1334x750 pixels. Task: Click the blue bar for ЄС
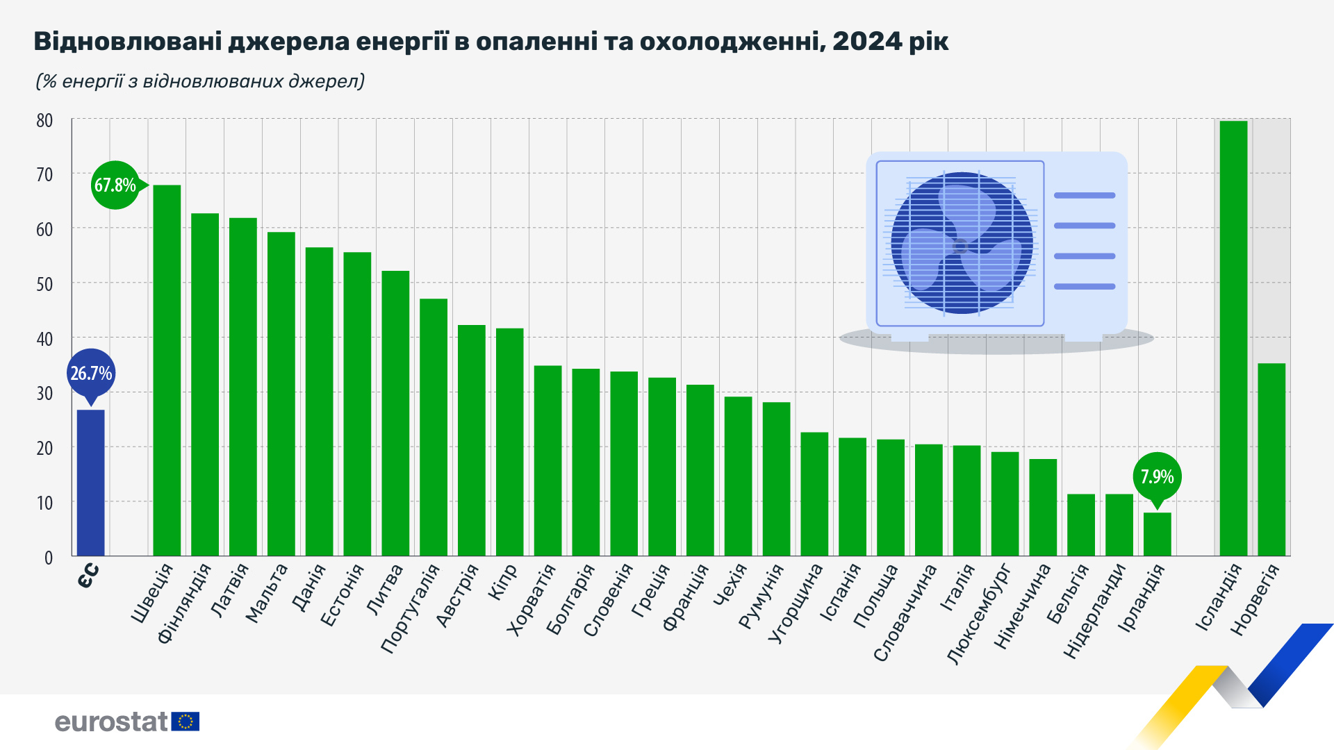pyautogui.click(x=90, y=483)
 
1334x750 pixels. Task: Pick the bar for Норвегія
pyautogui.click(x=1271, y=459)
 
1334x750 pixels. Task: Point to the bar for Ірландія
pyautogui.click(x=1157, y=534)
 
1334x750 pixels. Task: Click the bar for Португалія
pyautogui.click(x=434, y=427)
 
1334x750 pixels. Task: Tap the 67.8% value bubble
pyautogui.click(x=115, y=185)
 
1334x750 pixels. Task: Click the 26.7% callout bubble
pyautogui.click(x=91, y=374)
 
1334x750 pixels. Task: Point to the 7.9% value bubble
pyautogui.click(x=1157, y=477)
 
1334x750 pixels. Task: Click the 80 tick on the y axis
pyautogui.click(x=44, y=121)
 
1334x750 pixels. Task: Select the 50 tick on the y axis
pyautogui.click(x=44, y=284)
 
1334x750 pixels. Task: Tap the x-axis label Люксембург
pyautogui.click(x=980, y=615)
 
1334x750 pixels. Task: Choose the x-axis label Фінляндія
pyautogui.click(x=183, y=604)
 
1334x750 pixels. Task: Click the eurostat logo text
pyautogui.click(x=111, y=722)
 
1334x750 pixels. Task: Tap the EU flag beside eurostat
pyautogui.click(x=186, y=722)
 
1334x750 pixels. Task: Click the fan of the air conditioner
pyautogui.click(x=962, y=243)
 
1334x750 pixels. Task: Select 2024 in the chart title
pyautogui.click(x=867, y=42)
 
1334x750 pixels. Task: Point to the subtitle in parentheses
pyautogui.click(x=200, y=81)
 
